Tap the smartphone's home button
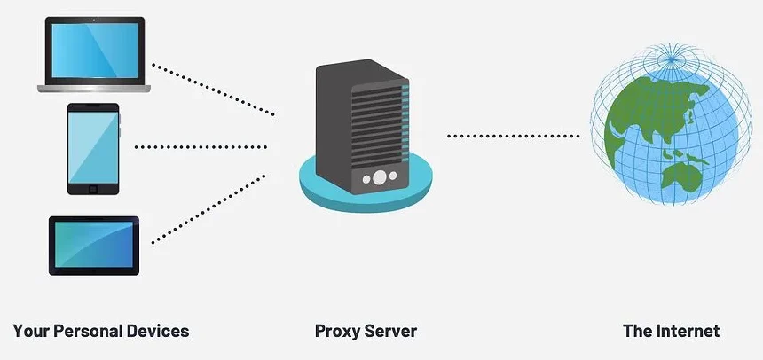click(x=93, y=188)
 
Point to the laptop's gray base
click(x=94, y=88)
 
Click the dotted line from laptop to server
click(x=213, y=89)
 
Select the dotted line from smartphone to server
click(x=201, y=147)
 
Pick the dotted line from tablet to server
click(x=209, y=209)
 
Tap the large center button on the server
click(x=379, y=177)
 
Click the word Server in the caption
click(x=391, y=332)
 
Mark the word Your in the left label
click(x=30, y=332)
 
